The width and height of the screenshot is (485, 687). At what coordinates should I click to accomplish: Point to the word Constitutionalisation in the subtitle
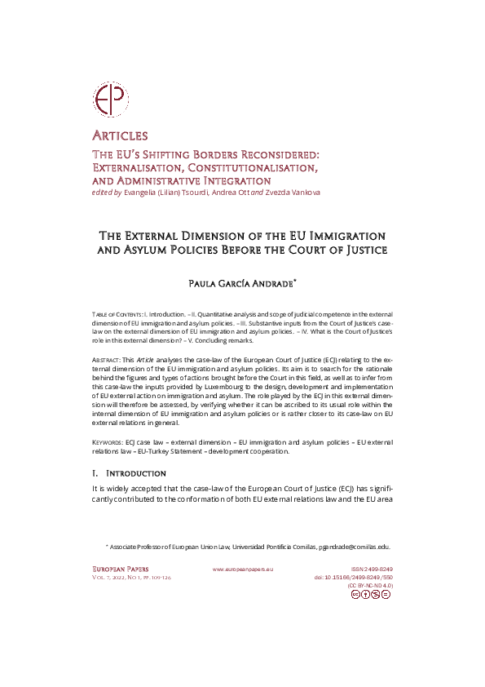pos(258,166)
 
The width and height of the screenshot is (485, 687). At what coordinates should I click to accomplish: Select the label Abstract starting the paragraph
pos(108,359)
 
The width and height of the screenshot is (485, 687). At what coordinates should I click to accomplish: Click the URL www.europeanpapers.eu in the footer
pos(243,568)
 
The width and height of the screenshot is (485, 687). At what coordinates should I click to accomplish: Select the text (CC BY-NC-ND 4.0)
pos(370,586)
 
